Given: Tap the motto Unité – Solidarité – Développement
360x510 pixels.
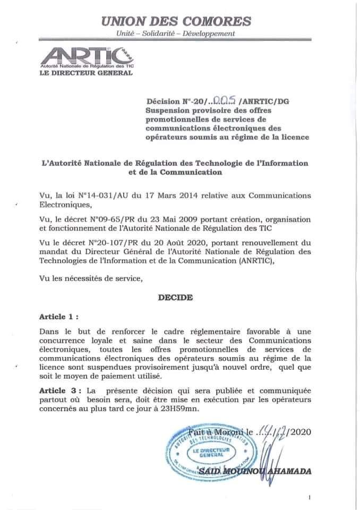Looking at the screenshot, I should tap(176, 34).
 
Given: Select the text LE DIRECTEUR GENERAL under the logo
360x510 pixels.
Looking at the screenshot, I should tap(87, 73).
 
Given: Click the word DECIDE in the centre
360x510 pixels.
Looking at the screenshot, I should tap(175, 299).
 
